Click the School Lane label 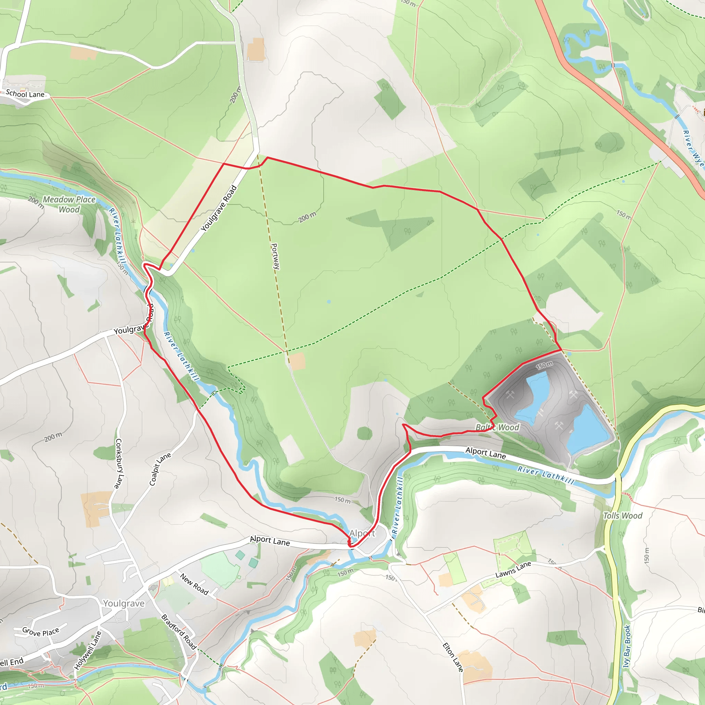(x=25, y=94)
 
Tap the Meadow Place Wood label (x=69, y=204)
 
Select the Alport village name (x=362, y=534)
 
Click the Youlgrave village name (x=124, y=603)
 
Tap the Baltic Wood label (x=497, y=427)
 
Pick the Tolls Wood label (x=622, y=516)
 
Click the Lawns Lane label (x=513, y=570)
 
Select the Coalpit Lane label (x=160, y=469)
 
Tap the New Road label (x=194, y=584)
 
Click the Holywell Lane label (x=87, y=651)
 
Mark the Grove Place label (x=41, y=632)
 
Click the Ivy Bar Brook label (x=627, y=646)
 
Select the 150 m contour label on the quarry (x=544, y=366)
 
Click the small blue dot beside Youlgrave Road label (x=193, y=251)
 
